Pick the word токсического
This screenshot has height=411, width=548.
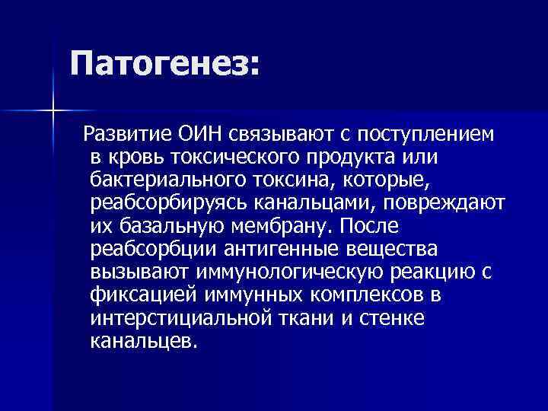[x=241, y=158]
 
